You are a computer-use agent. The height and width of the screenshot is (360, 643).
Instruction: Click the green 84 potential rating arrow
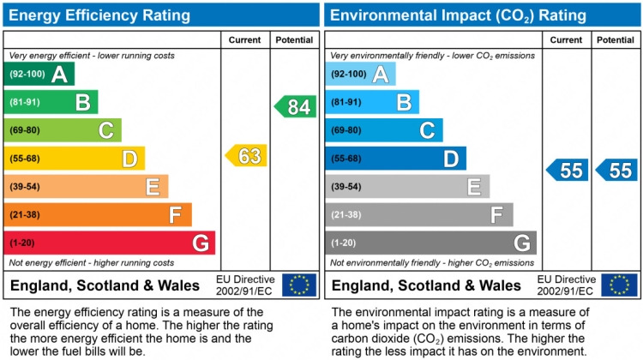click(x=296, y=107)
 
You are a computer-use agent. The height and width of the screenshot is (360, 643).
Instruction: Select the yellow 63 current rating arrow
click(x=247, y=156)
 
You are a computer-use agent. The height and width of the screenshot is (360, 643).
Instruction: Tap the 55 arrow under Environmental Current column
click(x=568, y=170)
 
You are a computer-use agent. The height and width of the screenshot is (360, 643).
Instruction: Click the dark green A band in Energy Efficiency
click(x=39, y=75)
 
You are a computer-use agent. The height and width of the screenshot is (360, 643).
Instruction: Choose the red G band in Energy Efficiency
click(x=110, y=243)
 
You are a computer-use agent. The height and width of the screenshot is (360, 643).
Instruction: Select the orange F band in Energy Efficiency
click(x=98, y=214)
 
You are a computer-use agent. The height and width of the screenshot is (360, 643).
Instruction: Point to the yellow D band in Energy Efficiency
click(x=75, y=159)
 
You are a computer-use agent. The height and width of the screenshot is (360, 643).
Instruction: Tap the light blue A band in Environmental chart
click(x=360, y=75)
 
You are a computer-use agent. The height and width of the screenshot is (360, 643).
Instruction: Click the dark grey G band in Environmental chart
click(x=430, y=243)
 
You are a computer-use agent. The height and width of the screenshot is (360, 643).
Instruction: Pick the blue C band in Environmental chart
click(x=383, y=130)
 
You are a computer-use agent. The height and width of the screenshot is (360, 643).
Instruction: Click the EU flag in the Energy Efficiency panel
click(x=299, y=285)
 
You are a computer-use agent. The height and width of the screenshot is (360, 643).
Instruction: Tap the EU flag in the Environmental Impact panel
click(x=619, y=285)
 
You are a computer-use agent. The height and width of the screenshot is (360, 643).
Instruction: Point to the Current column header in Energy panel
click(x=246, y=40)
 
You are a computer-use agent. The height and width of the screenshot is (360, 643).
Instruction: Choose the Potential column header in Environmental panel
click(x=616, y=40)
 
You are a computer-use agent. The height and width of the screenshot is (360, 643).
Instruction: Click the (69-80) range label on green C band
click(x=25, y=130)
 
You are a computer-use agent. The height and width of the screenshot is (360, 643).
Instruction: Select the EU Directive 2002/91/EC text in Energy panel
click(x=245, y=285)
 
